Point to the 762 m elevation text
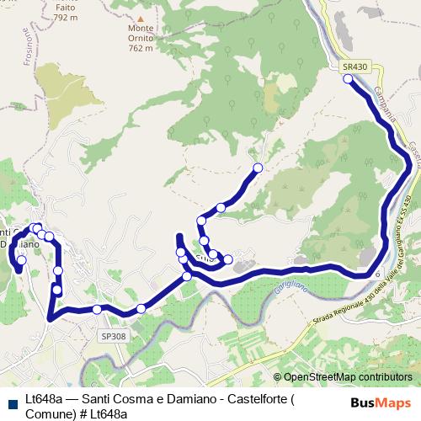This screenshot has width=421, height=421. click(x=141, y=48)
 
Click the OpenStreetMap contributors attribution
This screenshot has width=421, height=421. click(x=347, y=378)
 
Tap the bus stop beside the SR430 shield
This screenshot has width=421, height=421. click(x=348, y=79)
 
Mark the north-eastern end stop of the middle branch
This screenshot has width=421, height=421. click(x=258, y=167)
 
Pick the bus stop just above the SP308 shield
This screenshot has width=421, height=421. click(x=97, y=310)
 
